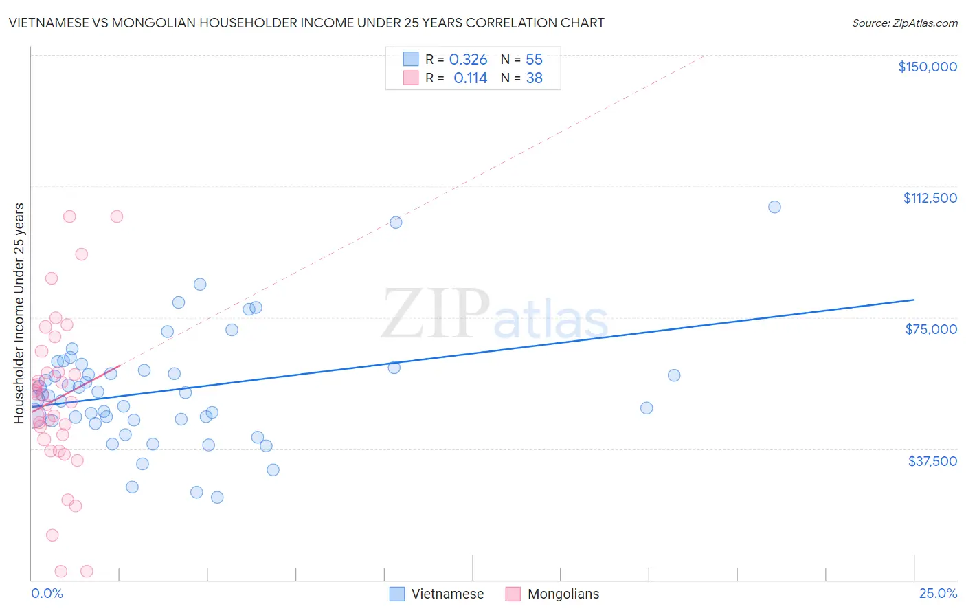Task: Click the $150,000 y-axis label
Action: coord(927,67)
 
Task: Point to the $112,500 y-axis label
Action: coord(930,198)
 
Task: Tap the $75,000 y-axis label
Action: coord(931,329)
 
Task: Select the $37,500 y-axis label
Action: coord(932,461)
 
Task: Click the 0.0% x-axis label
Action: coord(47,593)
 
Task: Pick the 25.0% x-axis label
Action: coord(938,593)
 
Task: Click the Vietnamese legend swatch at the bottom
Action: coord(397,594)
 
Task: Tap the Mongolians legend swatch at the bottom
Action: coord(513,594)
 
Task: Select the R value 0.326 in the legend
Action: coord(468,60)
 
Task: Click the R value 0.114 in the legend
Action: coord(470,78)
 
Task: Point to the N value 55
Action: coord(534,60)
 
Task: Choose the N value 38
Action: coord(534,78)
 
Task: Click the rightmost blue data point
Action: coord(774,207)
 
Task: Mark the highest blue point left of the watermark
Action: coord(396,222)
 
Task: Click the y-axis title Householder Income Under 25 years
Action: coord(19,313)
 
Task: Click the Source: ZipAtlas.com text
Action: coord(904,23)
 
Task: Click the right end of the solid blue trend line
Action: coord(914,300)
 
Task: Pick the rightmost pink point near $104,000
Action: coord(117,216)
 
